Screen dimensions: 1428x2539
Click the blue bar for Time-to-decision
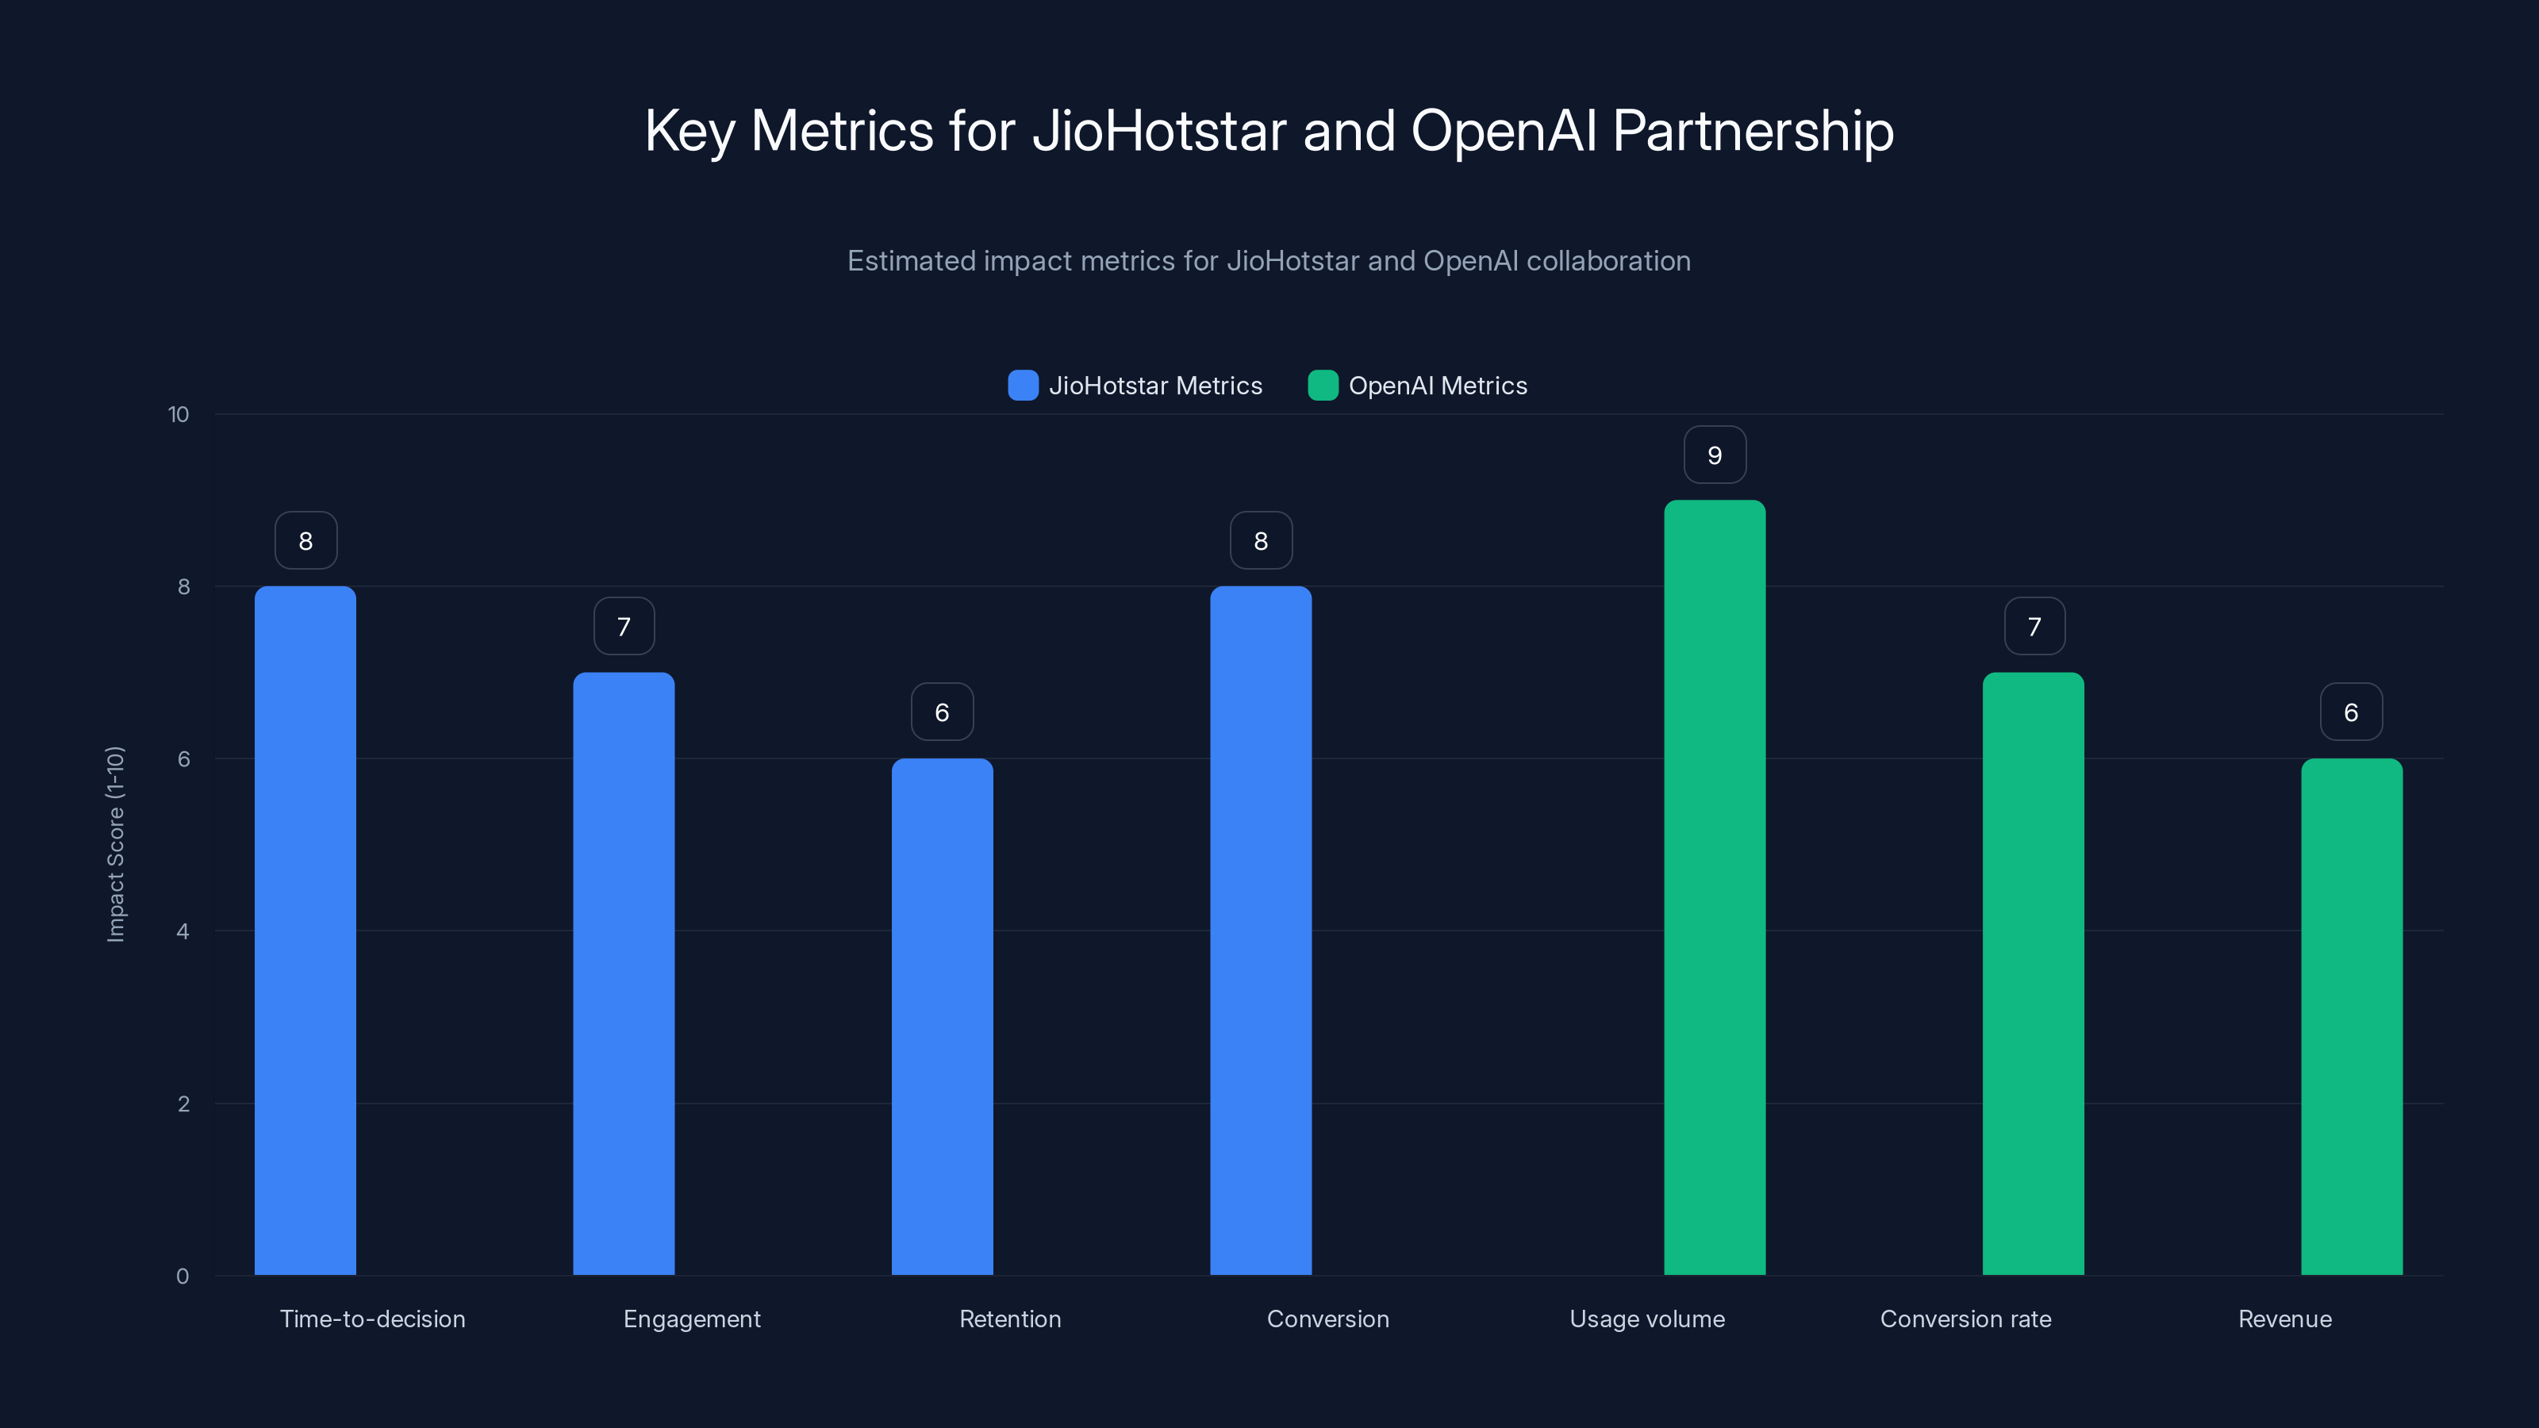pos(305,931)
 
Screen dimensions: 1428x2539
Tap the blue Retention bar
pos(943,1016)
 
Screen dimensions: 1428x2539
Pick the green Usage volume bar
pos(1715,887)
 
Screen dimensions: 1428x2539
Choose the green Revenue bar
pos(2352,1016)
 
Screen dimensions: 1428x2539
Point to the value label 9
pos(1715,455)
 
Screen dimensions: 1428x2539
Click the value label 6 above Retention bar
pos(943,712)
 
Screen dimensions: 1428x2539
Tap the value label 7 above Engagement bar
pos(624,627)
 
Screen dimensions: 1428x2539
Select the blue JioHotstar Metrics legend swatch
pos(1023,386)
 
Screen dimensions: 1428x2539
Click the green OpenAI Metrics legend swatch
pos(1323,386)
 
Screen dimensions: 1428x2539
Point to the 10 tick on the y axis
pos(179,415)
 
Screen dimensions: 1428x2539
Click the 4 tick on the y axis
pos(183,931)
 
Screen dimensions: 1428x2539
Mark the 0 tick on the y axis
pos(183,1276)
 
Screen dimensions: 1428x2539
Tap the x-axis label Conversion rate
pos(1965,1319)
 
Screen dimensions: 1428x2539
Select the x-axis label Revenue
pos(2285,1319)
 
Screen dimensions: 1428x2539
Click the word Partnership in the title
pos(1753,131)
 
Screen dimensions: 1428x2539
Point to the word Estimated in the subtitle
pos(911,261)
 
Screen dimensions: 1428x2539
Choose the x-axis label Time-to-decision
pos(373,1319)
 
